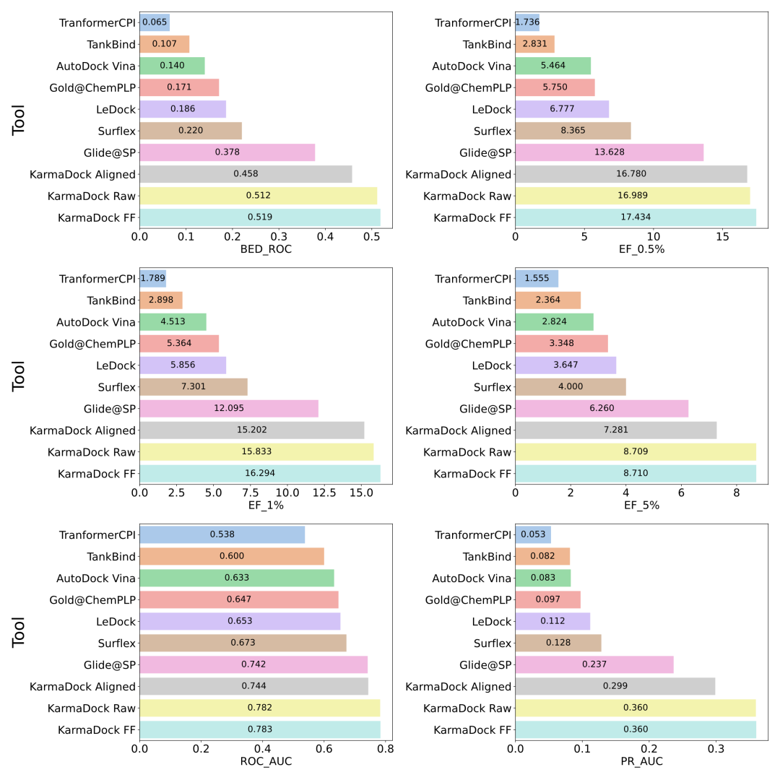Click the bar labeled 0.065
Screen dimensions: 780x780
155,22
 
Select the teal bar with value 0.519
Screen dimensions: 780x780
260,217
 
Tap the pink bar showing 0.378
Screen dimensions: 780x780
227,152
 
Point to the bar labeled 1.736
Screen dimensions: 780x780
527,22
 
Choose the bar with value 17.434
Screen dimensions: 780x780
636,217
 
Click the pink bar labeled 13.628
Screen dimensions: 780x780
610,152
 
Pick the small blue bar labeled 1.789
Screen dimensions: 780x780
153,279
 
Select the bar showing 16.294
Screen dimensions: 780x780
260,474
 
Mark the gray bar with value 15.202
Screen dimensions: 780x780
252,430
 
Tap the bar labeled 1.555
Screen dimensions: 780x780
537,279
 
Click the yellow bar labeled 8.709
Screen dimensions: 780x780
636,452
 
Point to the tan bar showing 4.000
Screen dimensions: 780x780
571,387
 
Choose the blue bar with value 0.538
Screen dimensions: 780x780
222,535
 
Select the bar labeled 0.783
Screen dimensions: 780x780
260,729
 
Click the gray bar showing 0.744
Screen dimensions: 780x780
254,686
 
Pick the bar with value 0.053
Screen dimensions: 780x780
533,535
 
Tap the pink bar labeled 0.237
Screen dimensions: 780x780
594,664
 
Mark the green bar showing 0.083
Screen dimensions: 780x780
543,578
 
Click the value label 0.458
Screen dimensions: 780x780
246,174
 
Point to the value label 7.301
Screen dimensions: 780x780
194,387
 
